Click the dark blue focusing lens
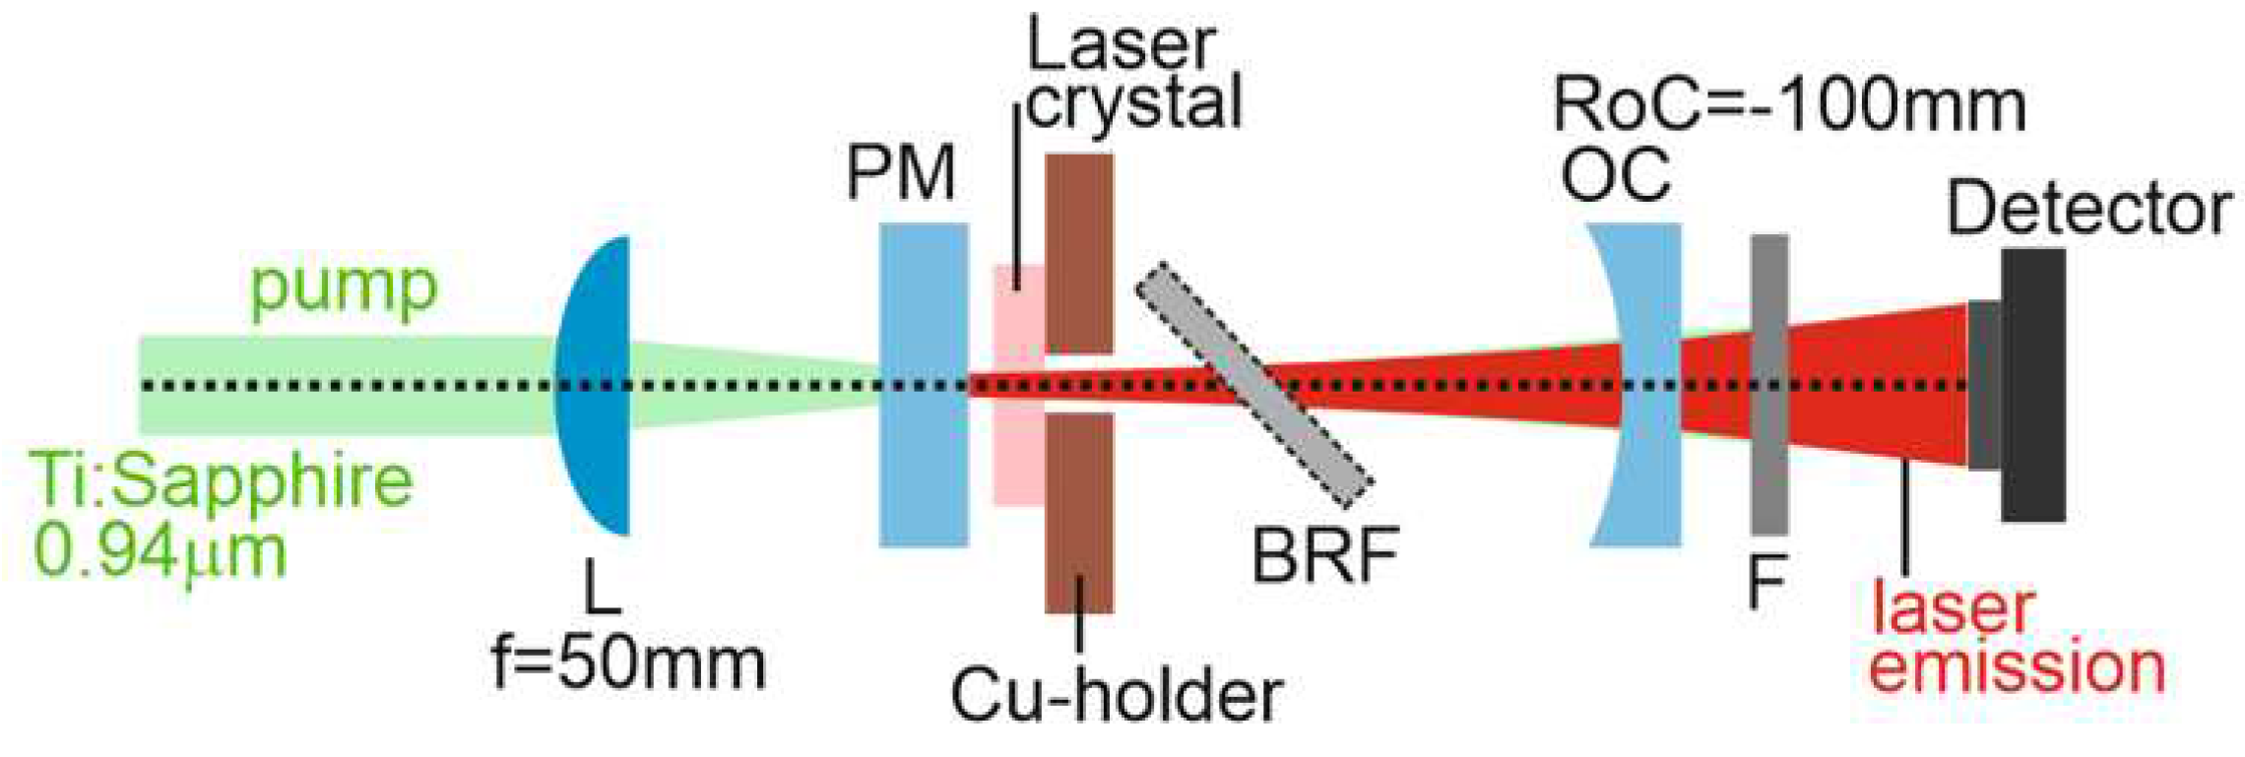[597, 386]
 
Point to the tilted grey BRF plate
[1253, 385]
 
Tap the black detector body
[2032, 385]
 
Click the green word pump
[343, 287]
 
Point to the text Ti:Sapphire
[223, 481]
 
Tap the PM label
[901, 173]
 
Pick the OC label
[1616, 175]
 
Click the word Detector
[2088, 209]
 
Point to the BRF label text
[1325, 555]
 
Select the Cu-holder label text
[1116, 695]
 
